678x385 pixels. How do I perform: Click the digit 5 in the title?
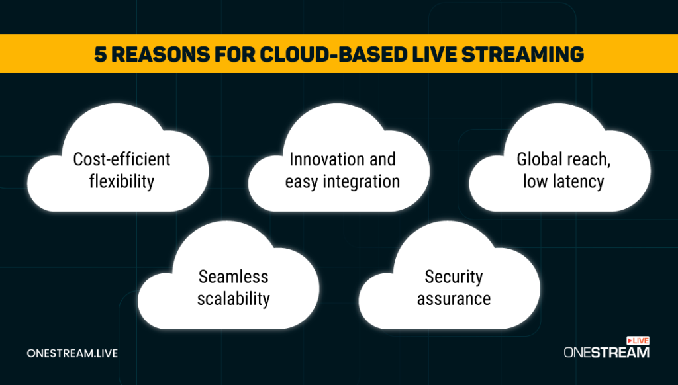click(101, 54)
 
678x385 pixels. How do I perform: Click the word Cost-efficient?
click(122, 159)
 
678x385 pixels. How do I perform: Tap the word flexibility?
click(122, 181)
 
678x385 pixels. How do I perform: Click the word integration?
click(361, 182)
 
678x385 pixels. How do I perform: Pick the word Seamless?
click(234, 277)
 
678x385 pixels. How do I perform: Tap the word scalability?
click(234, 299)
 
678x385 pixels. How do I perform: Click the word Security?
click(454, 277)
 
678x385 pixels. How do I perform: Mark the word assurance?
click(454, 299)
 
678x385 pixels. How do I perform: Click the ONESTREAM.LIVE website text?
click(72, 353)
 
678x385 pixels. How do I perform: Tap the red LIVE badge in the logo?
click(638, 341)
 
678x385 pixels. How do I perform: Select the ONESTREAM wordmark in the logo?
click(606, 353)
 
